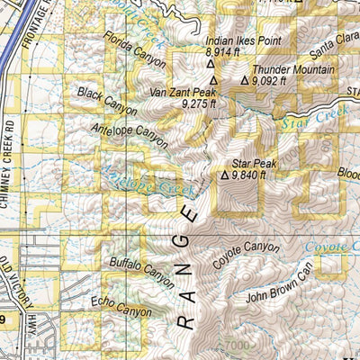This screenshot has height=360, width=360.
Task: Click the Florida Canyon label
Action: (135, 51)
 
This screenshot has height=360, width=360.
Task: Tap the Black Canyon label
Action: (107, 101)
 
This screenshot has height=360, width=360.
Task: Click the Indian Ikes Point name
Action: (244, 41)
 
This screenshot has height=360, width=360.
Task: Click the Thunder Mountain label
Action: (293, 69)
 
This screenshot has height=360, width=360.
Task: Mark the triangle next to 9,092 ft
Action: (244, 82)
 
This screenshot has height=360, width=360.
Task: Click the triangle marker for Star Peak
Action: (224, 175)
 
